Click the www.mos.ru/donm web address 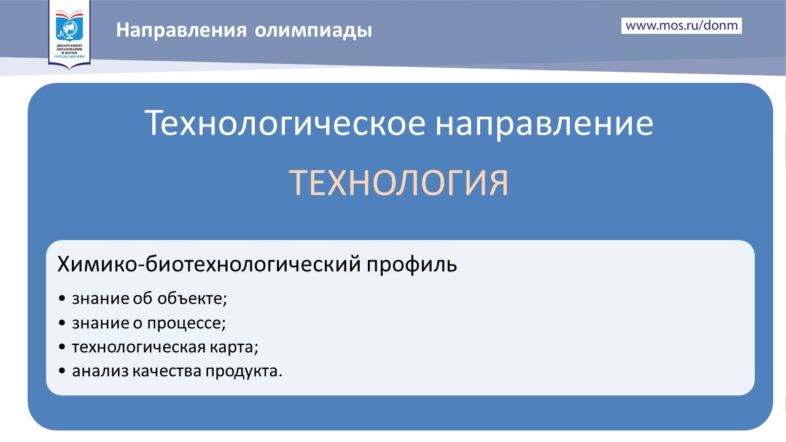682,26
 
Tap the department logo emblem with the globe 69,26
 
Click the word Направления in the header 181,30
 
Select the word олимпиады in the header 313,31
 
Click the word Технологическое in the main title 286,123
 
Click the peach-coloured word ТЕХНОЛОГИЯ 399,183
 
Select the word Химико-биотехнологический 209,264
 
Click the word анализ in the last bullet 100,371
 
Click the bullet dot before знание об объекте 62,299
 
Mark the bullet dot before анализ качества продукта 62,371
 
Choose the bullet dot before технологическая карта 62,347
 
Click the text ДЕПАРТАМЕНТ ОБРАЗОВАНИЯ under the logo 69,47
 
